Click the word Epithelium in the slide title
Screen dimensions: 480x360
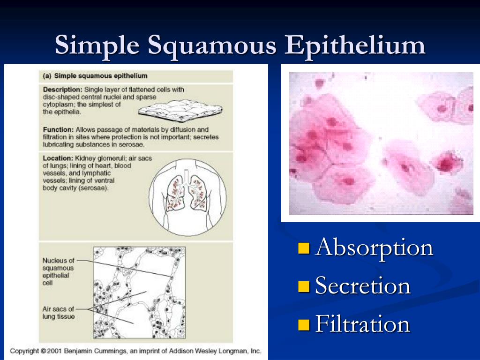pos(355,46)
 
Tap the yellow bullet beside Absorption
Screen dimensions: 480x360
pos(303,248)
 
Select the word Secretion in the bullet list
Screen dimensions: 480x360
pos(363,285)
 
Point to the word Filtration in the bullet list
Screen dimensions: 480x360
pos(363,324)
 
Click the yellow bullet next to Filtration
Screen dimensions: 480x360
pos(303,325)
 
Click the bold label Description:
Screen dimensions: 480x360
pos(63,90)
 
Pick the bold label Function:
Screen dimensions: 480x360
pos(58,129)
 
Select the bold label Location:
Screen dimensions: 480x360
pos(58,158)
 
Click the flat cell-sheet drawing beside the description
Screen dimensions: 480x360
pos(180,111)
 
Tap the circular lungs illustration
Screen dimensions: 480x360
pos(187,197)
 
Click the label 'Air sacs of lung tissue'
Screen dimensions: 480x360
pos(58,313)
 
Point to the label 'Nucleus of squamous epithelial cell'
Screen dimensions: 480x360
pos(58,271)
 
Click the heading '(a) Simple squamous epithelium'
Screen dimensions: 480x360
pos(95,76)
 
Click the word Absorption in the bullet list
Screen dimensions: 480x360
pos(374,247)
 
